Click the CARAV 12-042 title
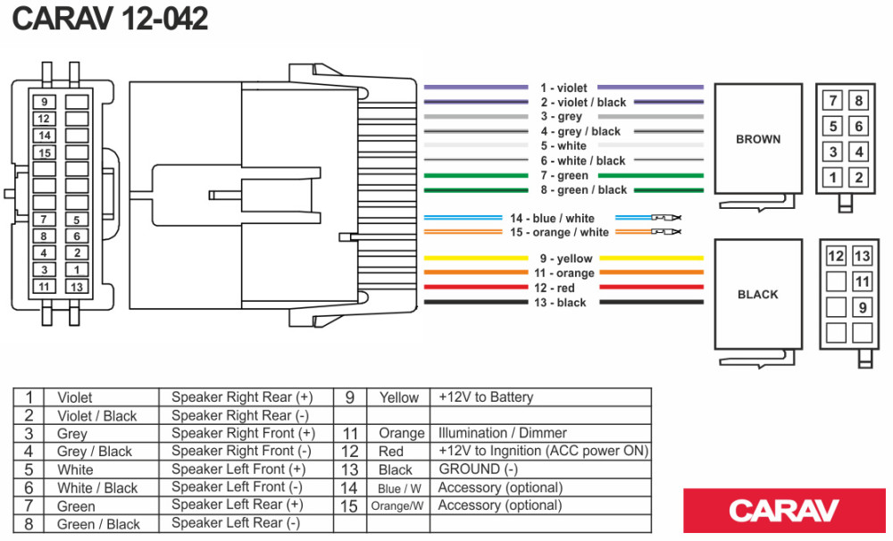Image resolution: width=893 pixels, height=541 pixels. tap(110, 20)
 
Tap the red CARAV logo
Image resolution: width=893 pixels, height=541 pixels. tap(784, 511)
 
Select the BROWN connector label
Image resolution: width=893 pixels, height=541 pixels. tap(758, 139)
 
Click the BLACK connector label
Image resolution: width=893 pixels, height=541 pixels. tap(758, 295)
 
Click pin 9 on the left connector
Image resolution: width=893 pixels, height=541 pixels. tap(44, 102)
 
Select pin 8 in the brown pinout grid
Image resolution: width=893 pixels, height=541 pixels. tap(859, 101)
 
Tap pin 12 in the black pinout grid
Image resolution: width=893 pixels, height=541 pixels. tap(836, 257)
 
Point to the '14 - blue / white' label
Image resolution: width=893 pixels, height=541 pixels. tap(552, 219)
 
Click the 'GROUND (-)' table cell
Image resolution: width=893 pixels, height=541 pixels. tap(479, 470)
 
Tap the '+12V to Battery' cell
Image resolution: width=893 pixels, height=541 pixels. tap(486, 397)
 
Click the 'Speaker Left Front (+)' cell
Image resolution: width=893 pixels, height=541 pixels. tap(238, 470)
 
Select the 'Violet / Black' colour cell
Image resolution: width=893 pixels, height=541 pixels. tap(97, 416)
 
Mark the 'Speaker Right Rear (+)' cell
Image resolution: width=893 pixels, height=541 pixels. tap(242, 397)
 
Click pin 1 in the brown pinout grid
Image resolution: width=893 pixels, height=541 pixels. tap(833, 178)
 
